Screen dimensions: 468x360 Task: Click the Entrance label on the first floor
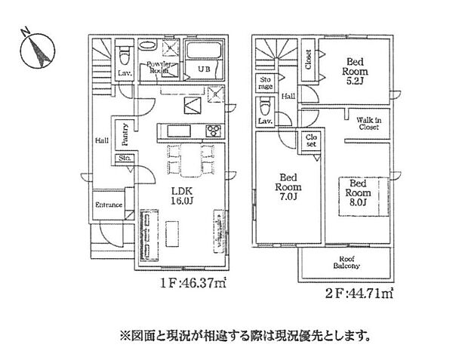[x=108, y=205]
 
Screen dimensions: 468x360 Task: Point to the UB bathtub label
[x=202, y=69]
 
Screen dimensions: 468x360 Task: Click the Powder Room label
[x=161, y=66]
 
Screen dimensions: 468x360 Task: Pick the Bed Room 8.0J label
[x=358, y=192]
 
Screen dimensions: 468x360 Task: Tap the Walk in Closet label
[x=368, y=124]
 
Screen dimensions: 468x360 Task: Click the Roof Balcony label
[x=346, y=262]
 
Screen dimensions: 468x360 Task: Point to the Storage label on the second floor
[x=266, y=83]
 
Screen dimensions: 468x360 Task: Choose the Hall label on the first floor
[x=100, y=140]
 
